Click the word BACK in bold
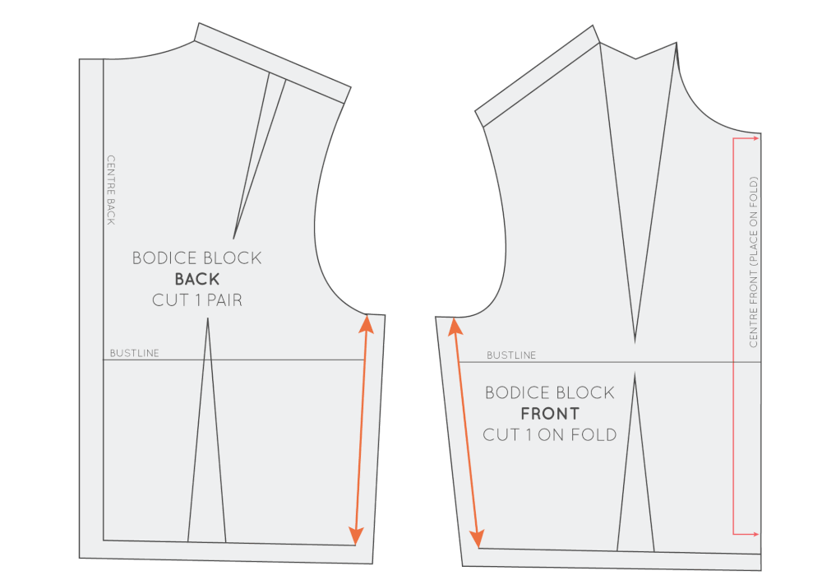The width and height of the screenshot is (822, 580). tap(196, 279)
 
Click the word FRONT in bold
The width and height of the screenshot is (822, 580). tap(550, 413)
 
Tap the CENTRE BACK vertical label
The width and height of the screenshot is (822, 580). tap(111, 189)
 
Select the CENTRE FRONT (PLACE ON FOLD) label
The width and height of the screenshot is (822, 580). tap(754, 262)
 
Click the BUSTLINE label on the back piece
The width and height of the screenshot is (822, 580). tap(135, 354)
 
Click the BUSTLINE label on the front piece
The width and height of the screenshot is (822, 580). tap(511, 355)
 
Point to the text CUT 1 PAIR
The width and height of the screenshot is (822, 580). tap(196, 300)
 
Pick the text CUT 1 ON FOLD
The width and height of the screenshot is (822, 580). tap(550, 434)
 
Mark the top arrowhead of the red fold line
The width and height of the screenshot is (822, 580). tap(755, 139)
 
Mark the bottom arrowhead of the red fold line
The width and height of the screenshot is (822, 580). tap(755, 534)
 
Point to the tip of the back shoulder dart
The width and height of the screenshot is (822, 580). tap(234, 238)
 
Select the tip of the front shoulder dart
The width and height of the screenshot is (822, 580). tap(635, 340)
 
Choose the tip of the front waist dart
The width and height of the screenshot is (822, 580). tap(635, 374)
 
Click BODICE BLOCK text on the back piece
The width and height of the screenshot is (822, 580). tap(196, 258)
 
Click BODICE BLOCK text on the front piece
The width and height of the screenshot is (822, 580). tap(550, 392)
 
